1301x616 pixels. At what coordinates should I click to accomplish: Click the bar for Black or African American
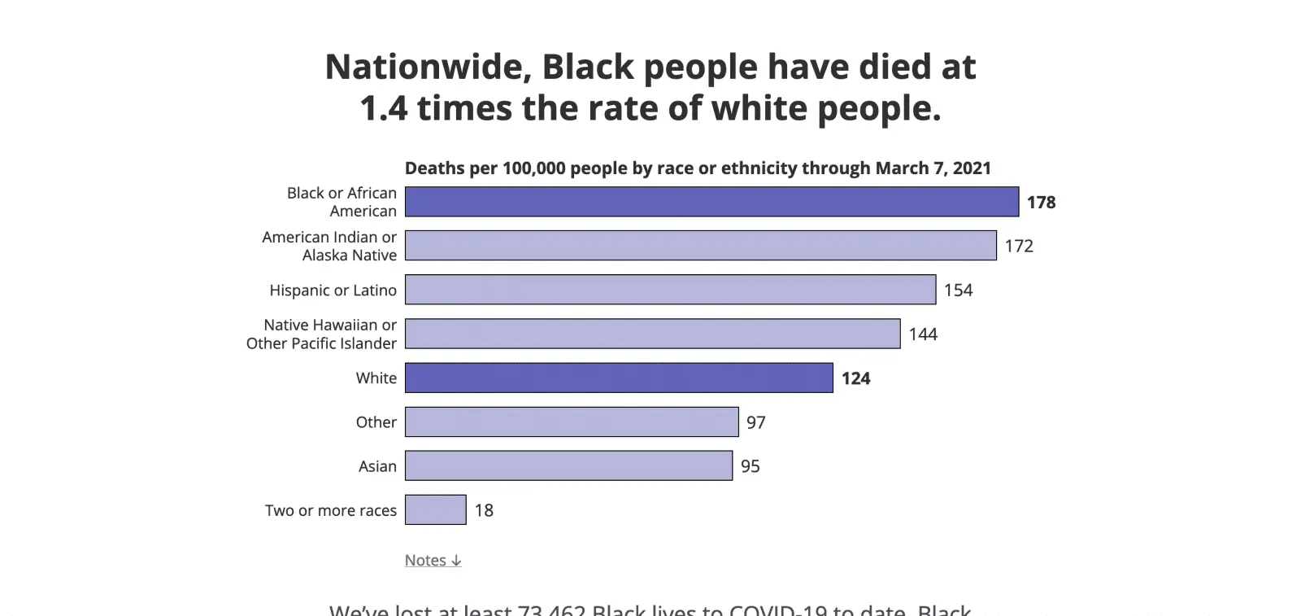tap(711, 202)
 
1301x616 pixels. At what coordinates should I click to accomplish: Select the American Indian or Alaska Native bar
tap(700, 246)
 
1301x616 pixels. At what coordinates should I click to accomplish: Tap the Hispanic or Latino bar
tap(670, 290)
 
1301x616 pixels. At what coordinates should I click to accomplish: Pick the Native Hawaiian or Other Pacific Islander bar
tap(652, 334)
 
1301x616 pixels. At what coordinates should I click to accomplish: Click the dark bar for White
tap(619, 378)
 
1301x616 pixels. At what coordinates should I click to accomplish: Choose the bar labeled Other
tap(572, 422)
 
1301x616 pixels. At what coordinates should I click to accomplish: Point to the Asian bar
tap(568, 465)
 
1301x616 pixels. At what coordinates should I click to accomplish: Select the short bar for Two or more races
tap(435, 510)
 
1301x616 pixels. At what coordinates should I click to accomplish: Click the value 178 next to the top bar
tap(1041, 203)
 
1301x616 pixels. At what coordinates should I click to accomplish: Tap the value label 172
tap(1019, 247)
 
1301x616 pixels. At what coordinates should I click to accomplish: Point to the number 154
tap(958, 291)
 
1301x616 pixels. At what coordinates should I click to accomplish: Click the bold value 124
tap(855, 378)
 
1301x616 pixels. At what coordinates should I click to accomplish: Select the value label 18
tap(484, 510)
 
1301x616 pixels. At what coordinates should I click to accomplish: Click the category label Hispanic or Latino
tap(333, 291)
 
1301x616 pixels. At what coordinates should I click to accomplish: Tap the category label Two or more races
tap(331, 511)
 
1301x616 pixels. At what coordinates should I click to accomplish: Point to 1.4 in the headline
tap(384, 108)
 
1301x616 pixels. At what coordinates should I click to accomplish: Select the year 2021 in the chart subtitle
tap(972, 168)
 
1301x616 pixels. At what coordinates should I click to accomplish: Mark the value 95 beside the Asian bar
tap(750, 466)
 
